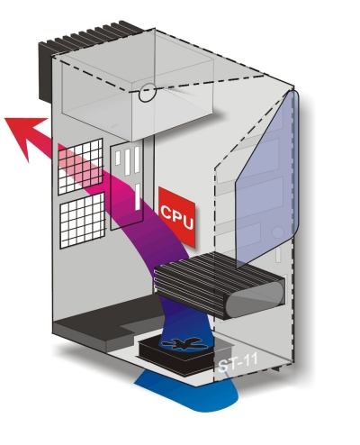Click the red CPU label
(177, 217)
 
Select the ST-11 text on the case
(238, 362)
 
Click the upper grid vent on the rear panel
(80, 166)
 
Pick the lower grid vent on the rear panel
(83, 221)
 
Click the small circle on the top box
(148, 93)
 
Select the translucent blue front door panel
(267, 177)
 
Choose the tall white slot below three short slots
(138, 197)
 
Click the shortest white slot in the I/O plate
(118, 158)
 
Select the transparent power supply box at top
(138, 87)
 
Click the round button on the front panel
(278, 233)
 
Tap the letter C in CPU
(166, 212)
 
